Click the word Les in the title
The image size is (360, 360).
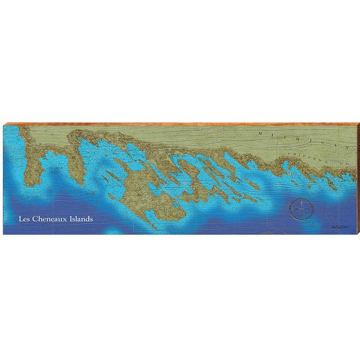pyautogui.click(x=24, y=219)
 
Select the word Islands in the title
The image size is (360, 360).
pyautogui.click(x=82, y=219)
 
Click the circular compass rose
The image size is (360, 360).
pyautogui.click(x=301, y=209)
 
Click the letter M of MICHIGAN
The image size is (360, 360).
pyautogui.click(x=259, y=133)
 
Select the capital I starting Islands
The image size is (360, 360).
pyautogui.click(x=72, y=219)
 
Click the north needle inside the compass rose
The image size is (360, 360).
pyautogui.click(x=301, y=204)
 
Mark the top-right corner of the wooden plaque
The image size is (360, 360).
pyautogui.click(x=356, y=122)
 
